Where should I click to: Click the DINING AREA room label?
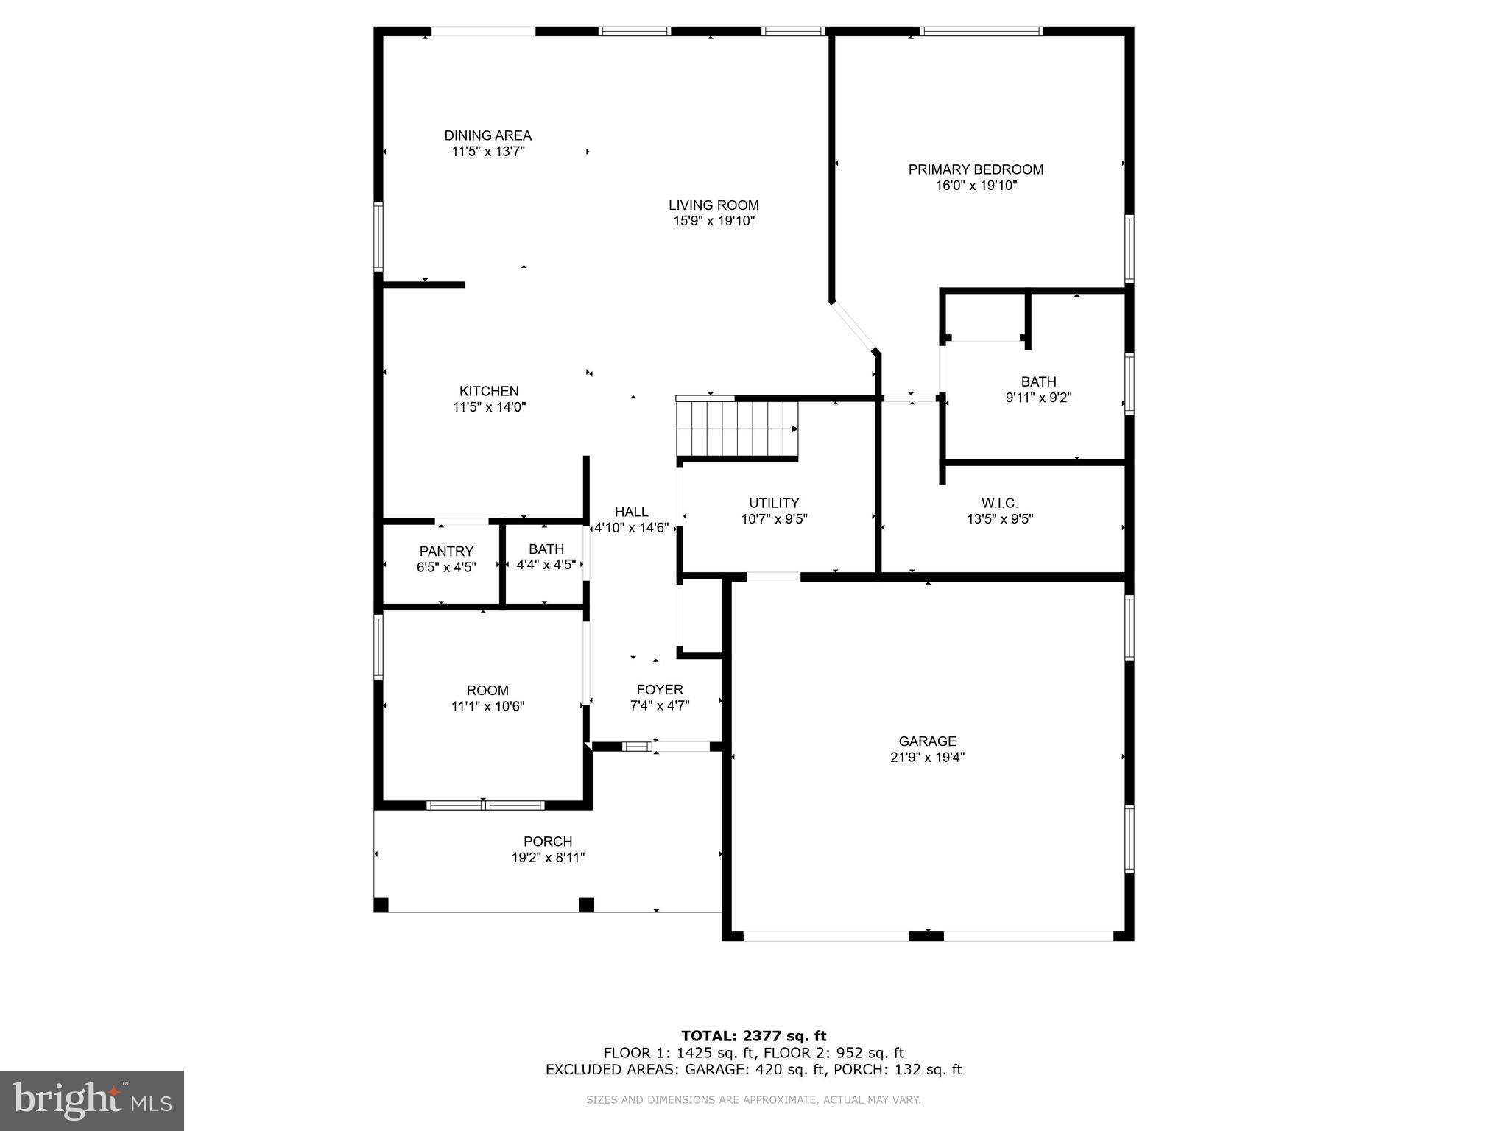click(487, 135)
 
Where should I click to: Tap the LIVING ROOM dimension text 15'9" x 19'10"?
click(714, 221)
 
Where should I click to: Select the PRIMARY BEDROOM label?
click(976, 169)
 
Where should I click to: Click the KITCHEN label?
click(489, 391)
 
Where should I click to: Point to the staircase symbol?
click(737, 429)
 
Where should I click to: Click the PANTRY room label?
click(446, 552)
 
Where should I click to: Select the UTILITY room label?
click(774, 503)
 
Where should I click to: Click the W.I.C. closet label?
click(999, 503)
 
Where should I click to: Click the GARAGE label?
click(927, 741)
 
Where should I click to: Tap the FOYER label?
click(660, 690)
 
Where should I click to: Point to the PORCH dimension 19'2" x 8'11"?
click(548, 858)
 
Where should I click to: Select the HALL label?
click(631, 512)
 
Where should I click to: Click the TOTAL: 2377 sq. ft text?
click(753, 1036)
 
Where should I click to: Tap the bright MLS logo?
click(92, 1101)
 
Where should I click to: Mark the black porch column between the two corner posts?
click(586, 904)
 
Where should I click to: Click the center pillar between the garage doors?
click(926, 936)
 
